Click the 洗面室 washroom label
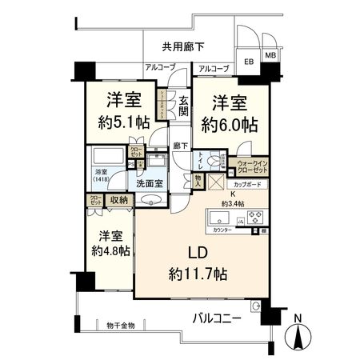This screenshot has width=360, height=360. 149,183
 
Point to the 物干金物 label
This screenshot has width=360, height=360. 121,324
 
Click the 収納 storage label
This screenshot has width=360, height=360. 120,201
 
